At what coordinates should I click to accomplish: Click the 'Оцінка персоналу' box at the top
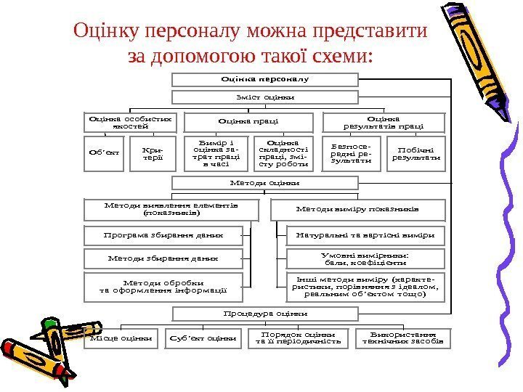click(x=265, y=78)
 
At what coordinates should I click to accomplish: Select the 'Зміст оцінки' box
click(x=265, y=97)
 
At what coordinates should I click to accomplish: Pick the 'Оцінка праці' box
click(x=248, y=121)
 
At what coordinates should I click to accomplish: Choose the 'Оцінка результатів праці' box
click(x=383, y=121)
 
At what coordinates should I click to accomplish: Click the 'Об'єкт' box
click(x=104, y=153)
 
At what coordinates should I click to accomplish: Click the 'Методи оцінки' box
click(x=265, y=182)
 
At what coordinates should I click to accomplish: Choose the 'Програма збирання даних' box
click(x=162, y=236)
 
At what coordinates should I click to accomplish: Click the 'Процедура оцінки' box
click(x=265, y=314)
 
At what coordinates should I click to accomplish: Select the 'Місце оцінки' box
click(x=121, y=338)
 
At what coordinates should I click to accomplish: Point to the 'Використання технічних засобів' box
click(x=402, y=338)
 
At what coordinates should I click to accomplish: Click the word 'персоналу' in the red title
click(x=192, y=33)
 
